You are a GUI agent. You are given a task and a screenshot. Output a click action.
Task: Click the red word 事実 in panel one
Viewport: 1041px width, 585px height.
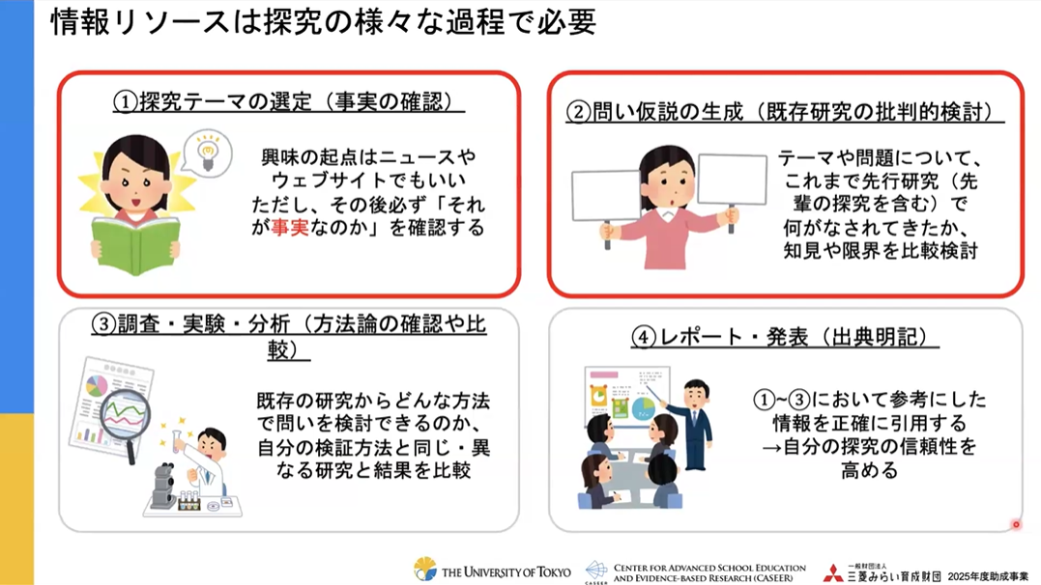point(289,228)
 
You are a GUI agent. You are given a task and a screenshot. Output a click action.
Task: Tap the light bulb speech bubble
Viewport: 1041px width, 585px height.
point(207,153)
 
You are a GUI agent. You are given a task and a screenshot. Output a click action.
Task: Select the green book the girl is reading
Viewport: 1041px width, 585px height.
point(136,245)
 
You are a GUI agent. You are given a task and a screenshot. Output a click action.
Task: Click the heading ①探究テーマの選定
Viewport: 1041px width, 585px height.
point(225,101)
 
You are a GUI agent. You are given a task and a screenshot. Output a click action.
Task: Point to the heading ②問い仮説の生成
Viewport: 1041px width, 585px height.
point(654,111)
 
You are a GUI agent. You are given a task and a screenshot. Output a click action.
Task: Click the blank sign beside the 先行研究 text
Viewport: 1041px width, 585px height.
point(733,180)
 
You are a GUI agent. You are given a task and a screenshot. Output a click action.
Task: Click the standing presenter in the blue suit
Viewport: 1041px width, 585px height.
point(692,425)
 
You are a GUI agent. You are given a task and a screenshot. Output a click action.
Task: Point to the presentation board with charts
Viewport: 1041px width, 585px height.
point(626,397)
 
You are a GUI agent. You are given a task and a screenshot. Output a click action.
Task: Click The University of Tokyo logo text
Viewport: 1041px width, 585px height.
point(506,571)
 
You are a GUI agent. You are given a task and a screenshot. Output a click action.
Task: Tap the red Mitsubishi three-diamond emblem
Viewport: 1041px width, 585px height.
point(832,572)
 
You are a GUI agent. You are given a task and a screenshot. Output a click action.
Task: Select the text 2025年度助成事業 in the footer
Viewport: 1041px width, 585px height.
point(987,576)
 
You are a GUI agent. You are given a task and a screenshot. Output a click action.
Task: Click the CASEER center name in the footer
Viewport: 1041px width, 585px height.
point(709,573)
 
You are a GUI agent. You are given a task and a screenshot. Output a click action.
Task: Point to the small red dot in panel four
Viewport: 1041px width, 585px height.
point(1016,524)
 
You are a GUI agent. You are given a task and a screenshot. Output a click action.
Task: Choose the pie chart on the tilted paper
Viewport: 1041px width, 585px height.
point(97,385)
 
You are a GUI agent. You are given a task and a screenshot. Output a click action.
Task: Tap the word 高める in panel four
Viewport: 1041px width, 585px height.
point(869,470)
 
